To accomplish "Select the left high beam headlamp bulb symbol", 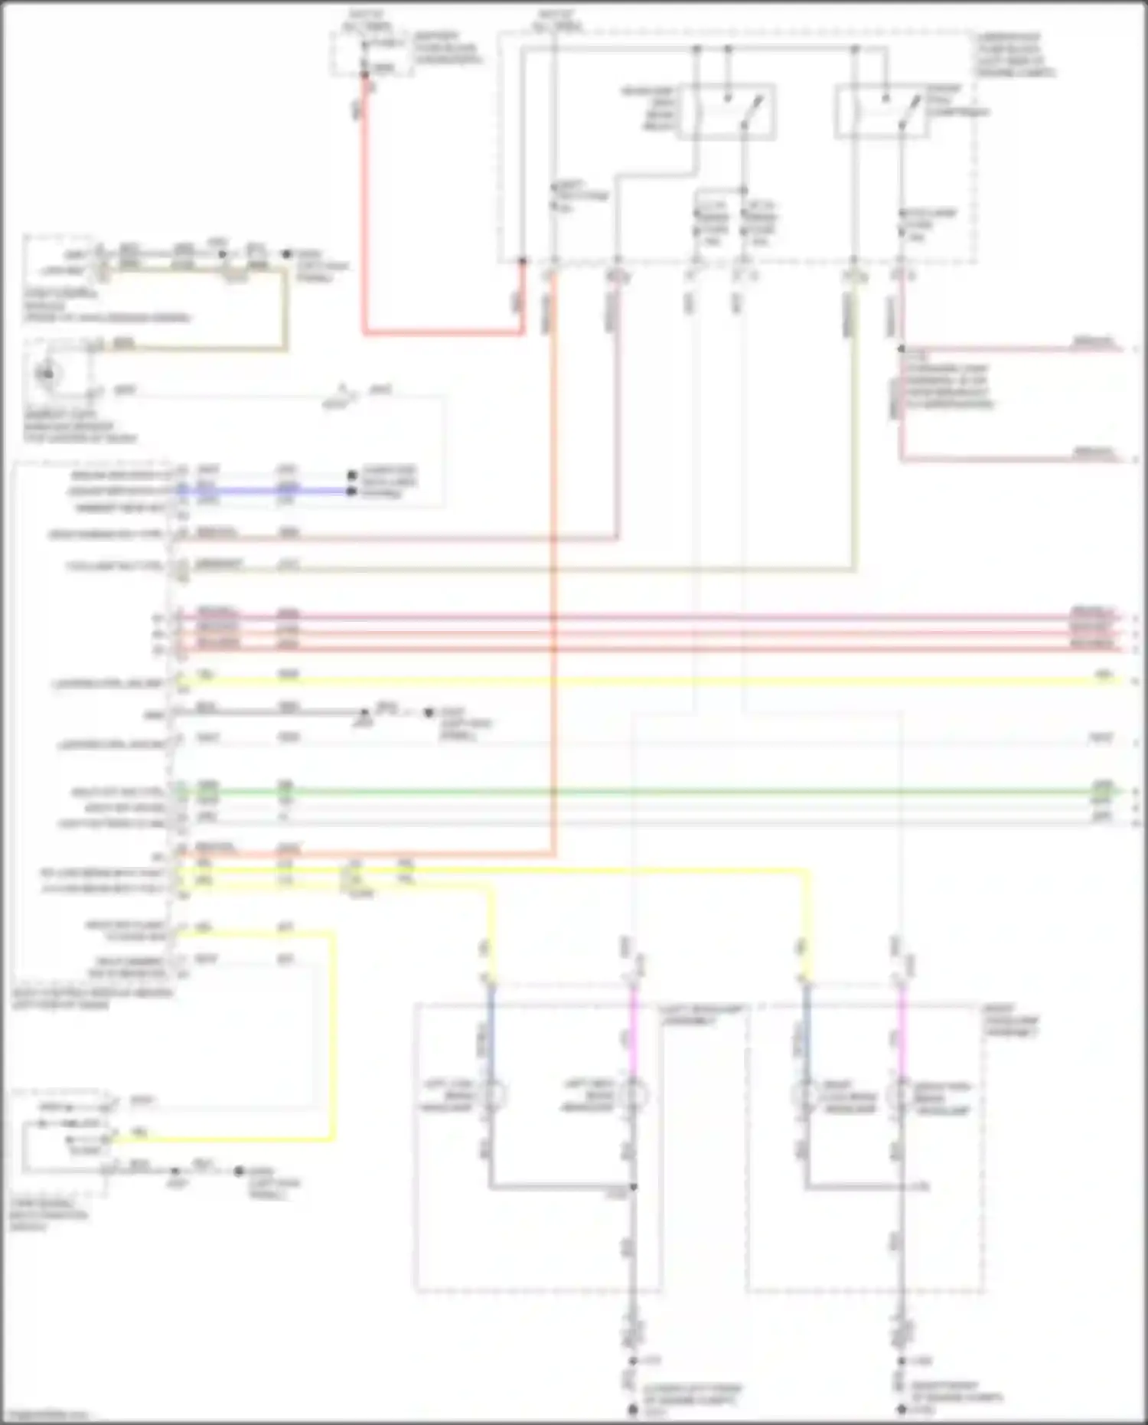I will [634, 1096].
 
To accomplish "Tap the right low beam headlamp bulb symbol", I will [805, 1096].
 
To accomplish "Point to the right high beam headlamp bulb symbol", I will [902, 1096].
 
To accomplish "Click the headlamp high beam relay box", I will [726, 112].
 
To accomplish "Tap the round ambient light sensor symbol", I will [48, 374].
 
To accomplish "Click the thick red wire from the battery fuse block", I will [364, 230].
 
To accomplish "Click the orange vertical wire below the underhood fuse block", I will [553, 536].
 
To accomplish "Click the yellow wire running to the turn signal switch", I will [333, 1034].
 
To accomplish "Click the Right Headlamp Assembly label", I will [1011, 1021].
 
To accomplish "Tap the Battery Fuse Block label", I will [446, 47].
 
